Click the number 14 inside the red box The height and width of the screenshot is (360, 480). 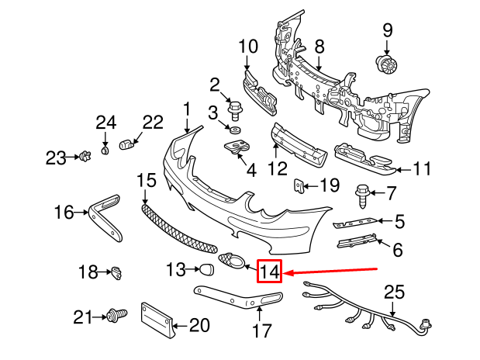270,272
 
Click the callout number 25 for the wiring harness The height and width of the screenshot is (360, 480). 395,292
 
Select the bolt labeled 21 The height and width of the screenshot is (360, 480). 118,315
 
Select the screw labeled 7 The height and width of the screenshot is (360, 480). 362,191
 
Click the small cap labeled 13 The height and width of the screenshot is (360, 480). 207,270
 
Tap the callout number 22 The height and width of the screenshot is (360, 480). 154,122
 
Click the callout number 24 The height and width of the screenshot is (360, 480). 105,122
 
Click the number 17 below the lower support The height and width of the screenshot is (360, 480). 262,331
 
